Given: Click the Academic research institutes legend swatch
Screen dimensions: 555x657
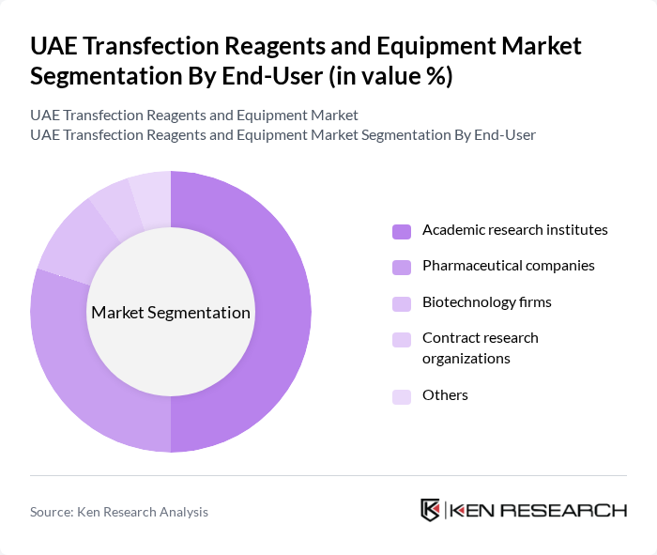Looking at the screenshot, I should tap(402, 231).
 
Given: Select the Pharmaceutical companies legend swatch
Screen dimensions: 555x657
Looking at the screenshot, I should tap(402, 267).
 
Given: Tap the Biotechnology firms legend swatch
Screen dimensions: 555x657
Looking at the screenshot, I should tap(402, 303).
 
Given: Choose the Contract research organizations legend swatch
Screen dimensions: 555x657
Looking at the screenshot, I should tap(402, 339).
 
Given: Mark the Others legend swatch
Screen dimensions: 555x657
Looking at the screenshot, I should tap(402, 396).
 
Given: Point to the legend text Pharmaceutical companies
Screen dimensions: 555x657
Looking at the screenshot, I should tap(508, 266).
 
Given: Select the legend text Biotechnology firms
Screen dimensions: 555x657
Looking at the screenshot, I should tap(486, 302).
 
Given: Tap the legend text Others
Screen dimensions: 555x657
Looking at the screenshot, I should tap(445, 395).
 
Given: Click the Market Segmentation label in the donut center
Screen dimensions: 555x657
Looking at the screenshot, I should tap(171, 313).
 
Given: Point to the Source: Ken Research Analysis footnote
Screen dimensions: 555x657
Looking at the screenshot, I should tap(119, 512).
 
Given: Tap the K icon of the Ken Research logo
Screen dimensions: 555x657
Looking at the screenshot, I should tap(431, 510).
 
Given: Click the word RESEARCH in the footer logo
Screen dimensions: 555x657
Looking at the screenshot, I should tap(568, 511).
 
